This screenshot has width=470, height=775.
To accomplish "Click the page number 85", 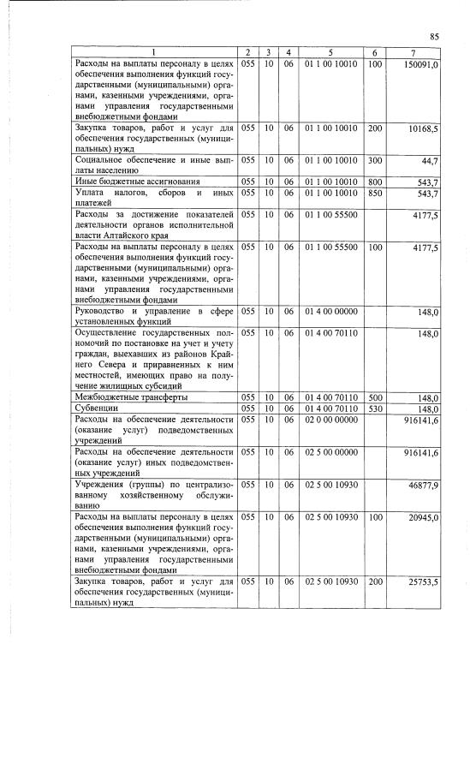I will click(434, 37).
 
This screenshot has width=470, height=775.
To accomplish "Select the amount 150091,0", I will click(421, 65).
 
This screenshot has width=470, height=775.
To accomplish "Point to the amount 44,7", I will click(430, 161).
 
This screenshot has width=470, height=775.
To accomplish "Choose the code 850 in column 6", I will click(374, 194).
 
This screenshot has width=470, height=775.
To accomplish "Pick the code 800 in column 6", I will click(374, 182).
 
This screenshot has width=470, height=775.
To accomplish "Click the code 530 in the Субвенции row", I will click(374, 409).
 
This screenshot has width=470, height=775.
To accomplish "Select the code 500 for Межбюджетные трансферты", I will click(374, 398).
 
